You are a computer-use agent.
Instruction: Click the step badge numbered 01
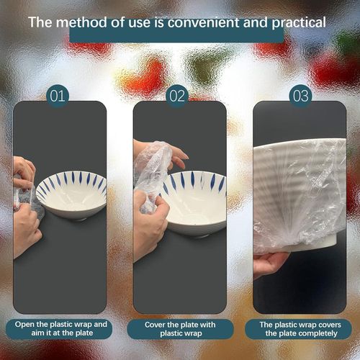pyautogui.click(x=59, y=96)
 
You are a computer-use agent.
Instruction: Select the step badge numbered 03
pyautogui.click(x=300, y=96)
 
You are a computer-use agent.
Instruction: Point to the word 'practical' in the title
pyautogui.click(x=296, y=22)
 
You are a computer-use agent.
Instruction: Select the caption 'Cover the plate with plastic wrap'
pyautogui.click(x=180, y=329)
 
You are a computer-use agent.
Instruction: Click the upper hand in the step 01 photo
pyautogui.click(x=23, y=170)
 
